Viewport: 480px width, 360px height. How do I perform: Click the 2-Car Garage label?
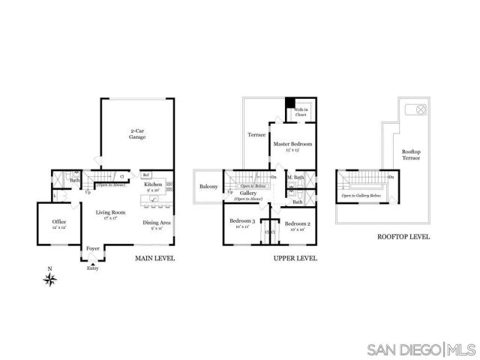[136, 133]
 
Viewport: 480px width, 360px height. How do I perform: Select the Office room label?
[59, 223]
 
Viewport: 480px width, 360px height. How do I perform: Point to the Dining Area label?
[157, 223]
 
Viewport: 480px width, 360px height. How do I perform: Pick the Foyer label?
[93, 247]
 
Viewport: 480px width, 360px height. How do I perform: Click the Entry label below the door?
[92, 268]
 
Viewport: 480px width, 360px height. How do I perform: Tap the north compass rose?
[50, 280]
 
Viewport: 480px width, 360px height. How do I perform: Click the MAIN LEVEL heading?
[154, 259]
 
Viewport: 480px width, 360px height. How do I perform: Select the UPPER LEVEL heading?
[295, 259]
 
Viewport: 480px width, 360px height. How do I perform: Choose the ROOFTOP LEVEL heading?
[403, 237]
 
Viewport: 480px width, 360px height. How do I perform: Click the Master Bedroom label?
[292, 145]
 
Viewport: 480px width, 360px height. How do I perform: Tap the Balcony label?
[208, 187]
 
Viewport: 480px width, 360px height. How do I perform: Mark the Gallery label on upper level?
[249, 193]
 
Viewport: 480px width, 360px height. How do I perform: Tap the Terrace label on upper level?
[257, 135]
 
